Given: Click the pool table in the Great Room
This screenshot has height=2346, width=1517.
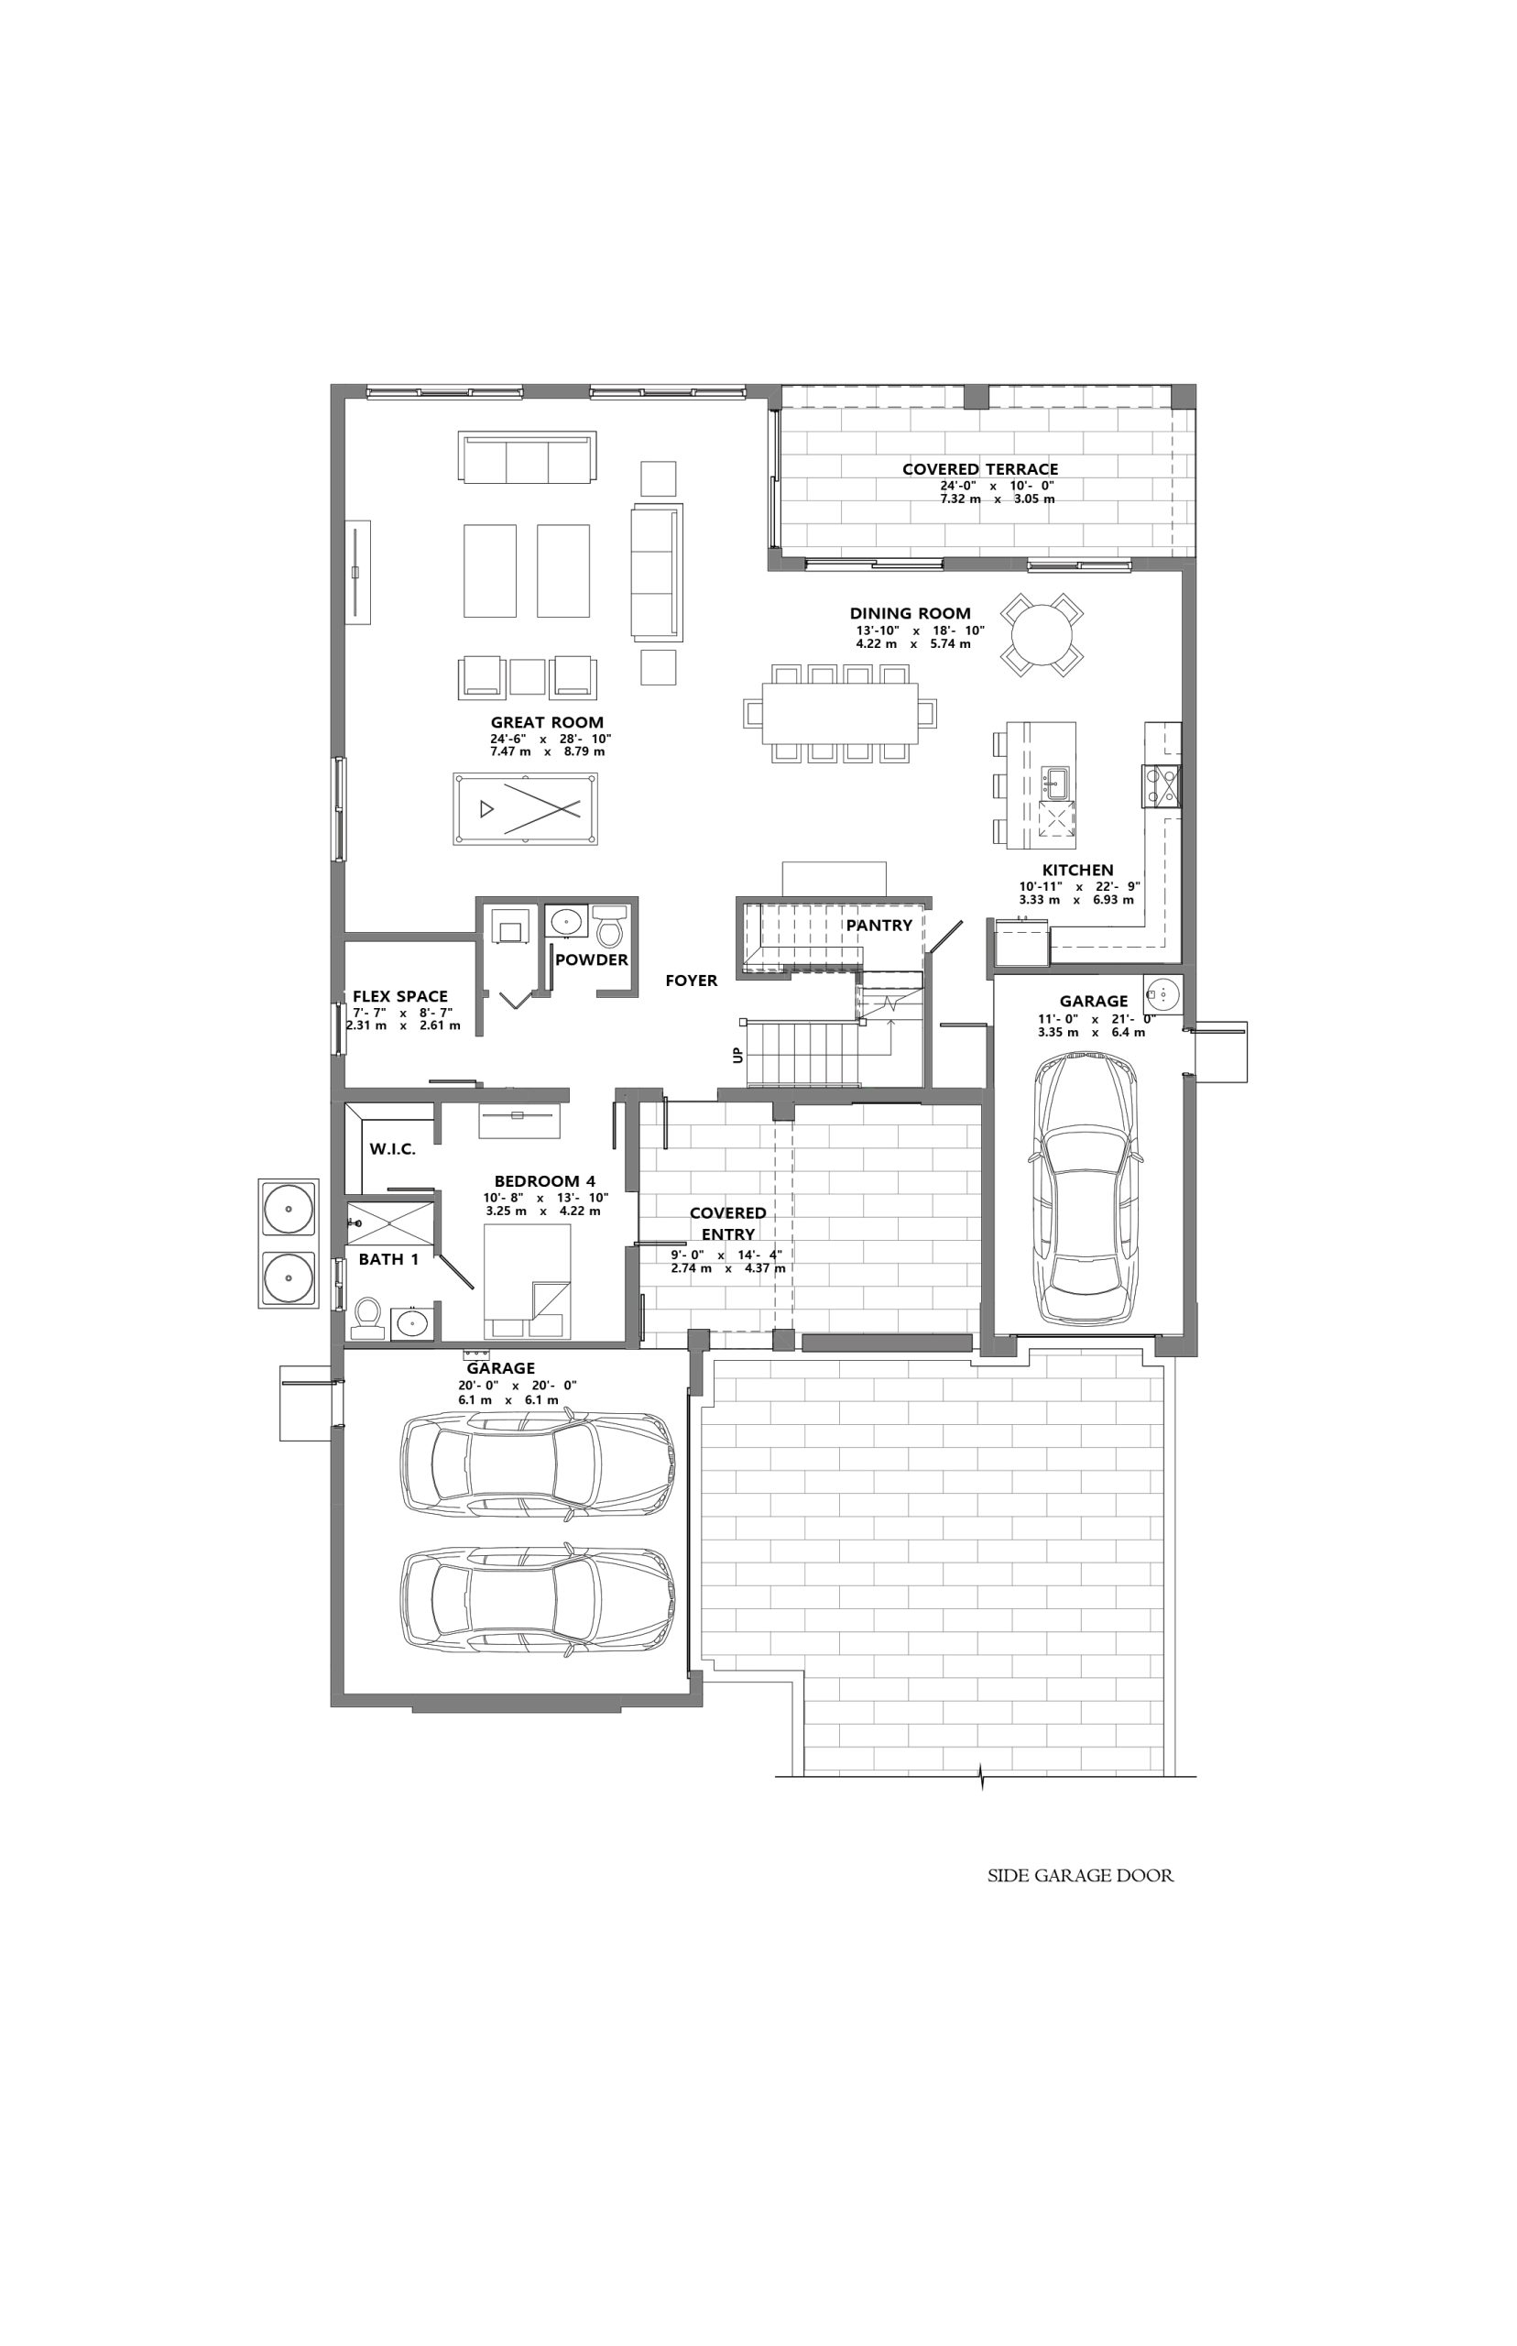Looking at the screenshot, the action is pyautogui.click(x=525, y=808).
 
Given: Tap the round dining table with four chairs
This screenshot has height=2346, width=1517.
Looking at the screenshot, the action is pyautogui.click(x=1042, y=635).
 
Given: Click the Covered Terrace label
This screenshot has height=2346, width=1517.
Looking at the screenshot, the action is pyautogui.click(x=980, y=469).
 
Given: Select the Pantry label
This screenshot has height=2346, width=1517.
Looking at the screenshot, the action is pyautogui.click(x=879, y=926).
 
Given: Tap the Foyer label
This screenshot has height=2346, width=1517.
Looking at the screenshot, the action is pyautogui.click(x=692, y=981).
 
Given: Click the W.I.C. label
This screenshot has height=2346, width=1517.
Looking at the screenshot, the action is pyautogui.click(x=392, y=1149).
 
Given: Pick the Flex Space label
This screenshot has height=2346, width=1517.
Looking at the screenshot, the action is pyautogui.click(x=400, y=996).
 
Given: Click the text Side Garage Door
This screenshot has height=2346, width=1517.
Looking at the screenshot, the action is pyautogui.click(x=1081, y=1876).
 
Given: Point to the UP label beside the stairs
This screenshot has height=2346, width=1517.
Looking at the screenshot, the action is pyautogui.click(x=737, y=1054).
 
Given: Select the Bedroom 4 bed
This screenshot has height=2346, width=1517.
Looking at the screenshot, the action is pyautogui.click(x=527, y=1281).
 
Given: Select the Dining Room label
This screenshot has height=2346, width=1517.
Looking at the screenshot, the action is pyautogui.click(x=911, y=613).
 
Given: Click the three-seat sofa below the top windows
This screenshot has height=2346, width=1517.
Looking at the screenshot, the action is pyautogui.click(x=527, y=457).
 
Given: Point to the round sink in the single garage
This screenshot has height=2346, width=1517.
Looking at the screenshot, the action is pyautogui.click(x=1163, y=994).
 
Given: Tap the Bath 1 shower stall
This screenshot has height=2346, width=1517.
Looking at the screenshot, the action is pyautogui.click(x=391, y=1223).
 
